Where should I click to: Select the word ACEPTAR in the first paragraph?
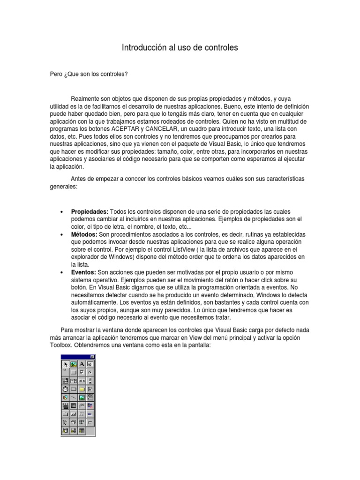point(126,128)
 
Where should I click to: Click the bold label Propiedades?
point(90,212)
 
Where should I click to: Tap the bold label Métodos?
point(84,234)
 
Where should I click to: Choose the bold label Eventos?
point(83,272)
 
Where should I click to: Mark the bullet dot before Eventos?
point(62,272)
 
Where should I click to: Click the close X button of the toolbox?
point(92,357)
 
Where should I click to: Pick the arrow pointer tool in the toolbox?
point(65,364)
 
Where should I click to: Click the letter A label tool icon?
point(82,364)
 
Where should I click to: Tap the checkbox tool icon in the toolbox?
point(82,372)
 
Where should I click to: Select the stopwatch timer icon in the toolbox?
point(65,389)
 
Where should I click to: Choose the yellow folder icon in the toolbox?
point(82,389)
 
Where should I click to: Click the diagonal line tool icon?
point(73,397)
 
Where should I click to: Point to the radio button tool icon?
point(90,372)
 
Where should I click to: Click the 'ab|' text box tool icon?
point(90,364)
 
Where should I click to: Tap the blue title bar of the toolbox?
point(75,357)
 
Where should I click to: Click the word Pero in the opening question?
point(55,74)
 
